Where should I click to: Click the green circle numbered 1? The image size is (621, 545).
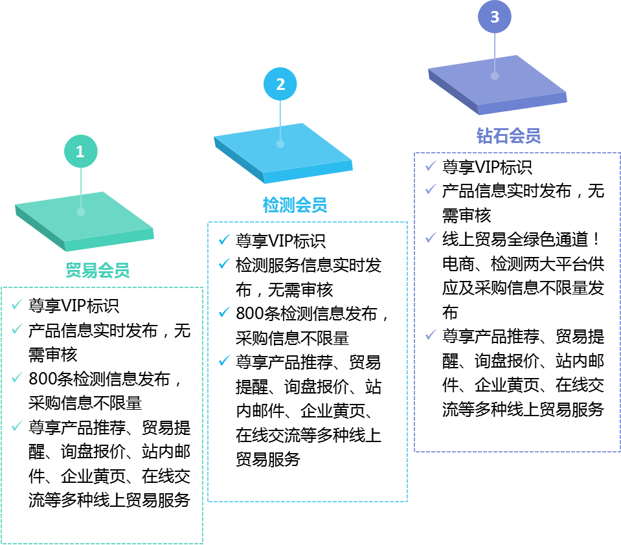click(81, 151)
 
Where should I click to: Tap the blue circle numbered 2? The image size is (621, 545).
click(280, 84)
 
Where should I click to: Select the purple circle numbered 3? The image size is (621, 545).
click(495, 17)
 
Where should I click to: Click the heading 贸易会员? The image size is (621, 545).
click(98, 270)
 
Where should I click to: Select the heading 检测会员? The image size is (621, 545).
click(295, 205)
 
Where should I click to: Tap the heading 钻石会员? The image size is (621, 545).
click(508, 136)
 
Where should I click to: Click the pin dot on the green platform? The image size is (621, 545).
click(81, 212)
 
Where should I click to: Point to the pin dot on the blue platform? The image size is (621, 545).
click(280, 144)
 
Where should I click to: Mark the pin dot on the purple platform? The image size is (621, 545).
click(495, 76)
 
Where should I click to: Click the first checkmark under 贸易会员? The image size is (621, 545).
click(17, 304)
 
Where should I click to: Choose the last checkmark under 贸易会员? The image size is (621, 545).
click(17, 425)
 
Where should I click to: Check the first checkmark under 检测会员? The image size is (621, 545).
click(224, 239)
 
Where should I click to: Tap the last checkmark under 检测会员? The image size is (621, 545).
click(224, 361)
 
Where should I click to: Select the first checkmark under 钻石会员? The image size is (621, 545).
click(431, 166)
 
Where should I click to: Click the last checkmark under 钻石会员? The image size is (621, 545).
click(431, 335)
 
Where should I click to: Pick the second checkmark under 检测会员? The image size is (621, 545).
click(224, 263)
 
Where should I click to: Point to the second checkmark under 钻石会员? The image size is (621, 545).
click(431, 189)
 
